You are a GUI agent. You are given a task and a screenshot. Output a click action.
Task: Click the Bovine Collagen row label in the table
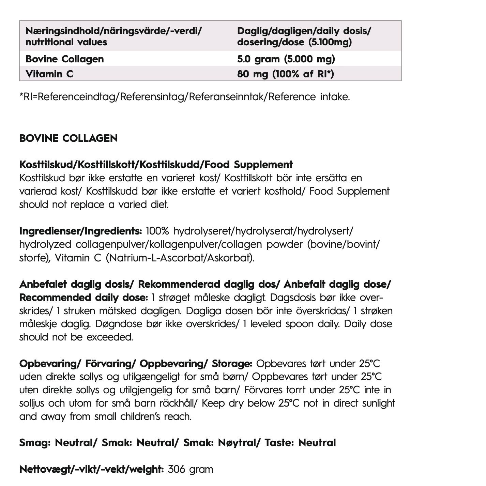(x=64, y=59)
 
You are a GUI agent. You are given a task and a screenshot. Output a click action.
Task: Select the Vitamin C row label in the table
(x=49, y=74)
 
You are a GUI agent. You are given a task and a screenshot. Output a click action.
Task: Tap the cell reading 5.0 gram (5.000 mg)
(x=286, y=59)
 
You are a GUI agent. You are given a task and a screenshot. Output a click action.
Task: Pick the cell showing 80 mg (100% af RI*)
(x=285, y=74)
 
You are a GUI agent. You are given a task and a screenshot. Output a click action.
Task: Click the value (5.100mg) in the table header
(x=330, y=42)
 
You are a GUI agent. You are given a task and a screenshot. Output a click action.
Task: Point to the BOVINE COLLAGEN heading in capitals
(x=69, y=138)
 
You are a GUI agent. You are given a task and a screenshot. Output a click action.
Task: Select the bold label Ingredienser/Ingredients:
(x=80, y=231)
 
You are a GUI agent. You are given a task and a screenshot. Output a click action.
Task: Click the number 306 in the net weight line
(x=177, y=469)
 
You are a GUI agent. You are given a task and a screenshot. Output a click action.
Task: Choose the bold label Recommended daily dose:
(x=83, y=298)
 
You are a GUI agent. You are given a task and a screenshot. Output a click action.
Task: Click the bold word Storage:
(x=232, y=364)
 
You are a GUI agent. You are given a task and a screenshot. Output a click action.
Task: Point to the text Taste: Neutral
(x=300, y=443)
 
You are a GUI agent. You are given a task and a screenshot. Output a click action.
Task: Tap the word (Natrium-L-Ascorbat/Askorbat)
(x=180, y=258)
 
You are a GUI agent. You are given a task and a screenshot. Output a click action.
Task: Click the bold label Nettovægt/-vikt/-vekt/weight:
(x=92, y=469)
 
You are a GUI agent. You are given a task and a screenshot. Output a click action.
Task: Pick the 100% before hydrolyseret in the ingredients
(x=157, y=231)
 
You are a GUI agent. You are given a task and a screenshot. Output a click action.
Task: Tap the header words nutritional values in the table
(x=66, y=42)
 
